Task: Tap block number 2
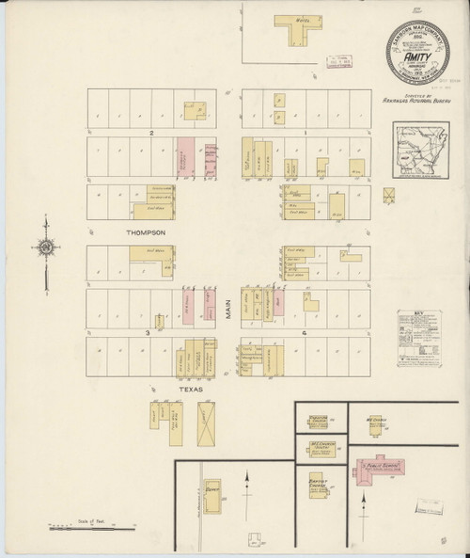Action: coord(149,134)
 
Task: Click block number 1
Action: coord(305,134)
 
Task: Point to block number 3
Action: coord(147,332)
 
